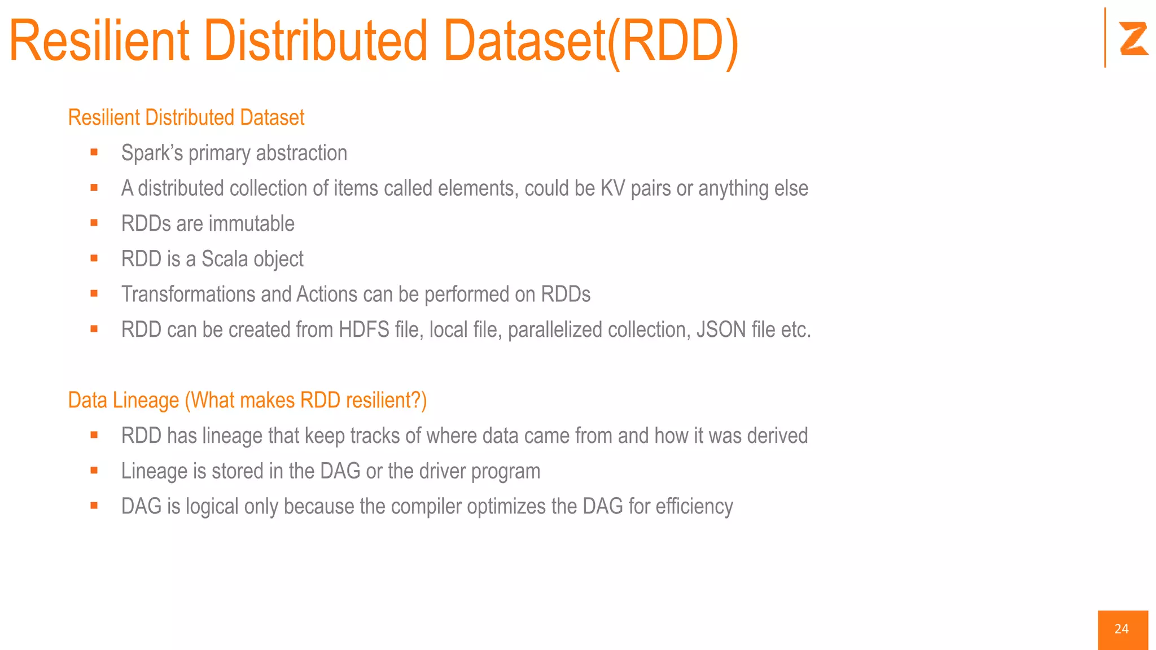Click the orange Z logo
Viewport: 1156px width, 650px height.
click(x=1133, y=38)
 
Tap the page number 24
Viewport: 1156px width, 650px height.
click(x=1122, y=629)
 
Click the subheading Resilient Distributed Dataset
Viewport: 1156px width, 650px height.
click(x=186, y=117)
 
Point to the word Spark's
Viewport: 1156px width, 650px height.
click(x=152, y=153)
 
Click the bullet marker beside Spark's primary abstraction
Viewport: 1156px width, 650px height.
click(x=94, y=152)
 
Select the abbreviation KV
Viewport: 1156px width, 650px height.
click(x=612, y=188)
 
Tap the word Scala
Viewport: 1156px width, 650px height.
click(x=225, y=259)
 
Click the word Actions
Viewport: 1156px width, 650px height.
click(x=327, y=295)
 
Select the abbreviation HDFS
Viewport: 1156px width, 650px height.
click(x=364, y=330)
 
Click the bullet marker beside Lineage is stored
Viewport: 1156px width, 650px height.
click(x=94, y=471)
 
